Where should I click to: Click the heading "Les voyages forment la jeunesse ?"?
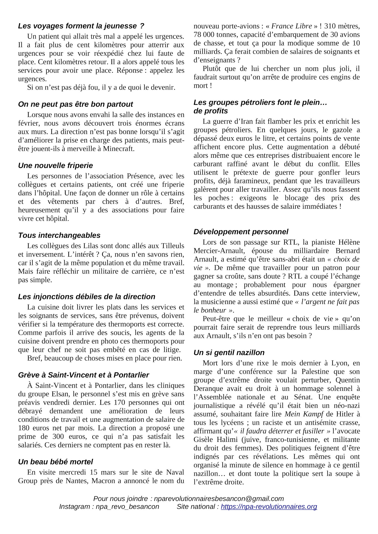click(x=81, y=26)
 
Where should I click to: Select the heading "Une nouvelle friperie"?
click(x=55, y=166)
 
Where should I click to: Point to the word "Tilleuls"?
click(x=172, y=246)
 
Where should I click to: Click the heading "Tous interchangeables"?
click(x=59, y=235)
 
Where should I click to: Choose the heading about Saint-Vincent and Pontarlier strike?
click(x=83, y=375)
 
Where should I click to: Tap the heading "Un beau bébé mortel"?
click(x=55, y=462)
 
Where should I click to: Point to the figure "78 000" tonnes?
click(x=204, y=35)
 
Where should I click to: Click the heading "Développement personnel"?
click(x=241, y=232)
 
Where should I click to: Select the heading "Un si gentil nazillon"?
click(x=229, y=353)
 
